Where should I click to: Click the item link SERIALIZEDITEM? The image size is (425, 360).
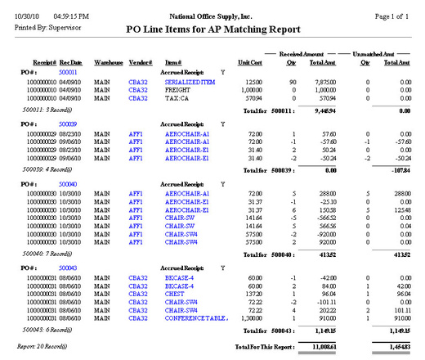click(189, 83)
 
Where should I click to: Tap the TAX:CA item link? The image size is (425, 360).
click(176, 98)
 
